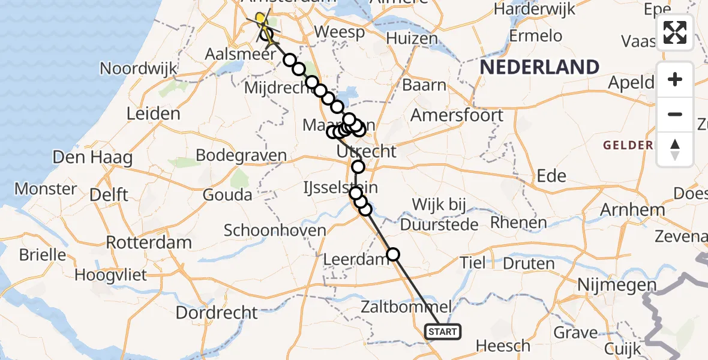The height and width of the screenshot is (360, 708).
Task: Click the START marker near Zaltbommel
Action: tap(443, 331)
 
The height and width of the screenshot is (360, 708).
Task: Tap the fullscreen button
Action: tap(675, 32)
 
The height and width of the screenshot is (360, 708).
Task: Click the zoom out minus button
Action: tap(675, 114)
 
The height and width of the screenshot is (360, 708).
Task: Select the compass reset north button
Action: tap(675, 149)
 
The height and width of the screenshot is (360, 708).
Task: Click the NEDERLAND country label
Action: tap(539, 67)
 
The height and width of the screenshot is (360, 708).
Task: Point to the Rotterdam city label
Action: tap(149, 243)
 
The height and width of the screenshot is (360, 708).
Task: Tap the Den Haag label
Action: tap(84, 158)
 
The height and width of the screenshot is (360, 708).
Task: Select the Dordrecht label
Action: tap(217, 313)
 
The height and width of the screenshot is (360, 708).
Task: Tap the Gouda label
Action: tap(227, 195)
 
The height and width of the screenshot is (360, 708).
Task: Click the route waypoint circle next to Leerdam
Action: tap(393, 254)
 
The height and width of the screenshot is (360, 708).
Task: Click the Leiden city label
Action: tap(154, 113)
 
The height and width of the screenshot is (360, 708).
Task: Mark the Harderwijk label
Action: tap(534, 10)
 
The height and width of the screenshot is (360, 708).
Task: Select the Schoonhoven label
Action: tap(275, 230)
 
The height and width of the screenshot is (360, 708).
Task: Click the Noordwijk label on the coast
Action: tap(139, 68)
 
